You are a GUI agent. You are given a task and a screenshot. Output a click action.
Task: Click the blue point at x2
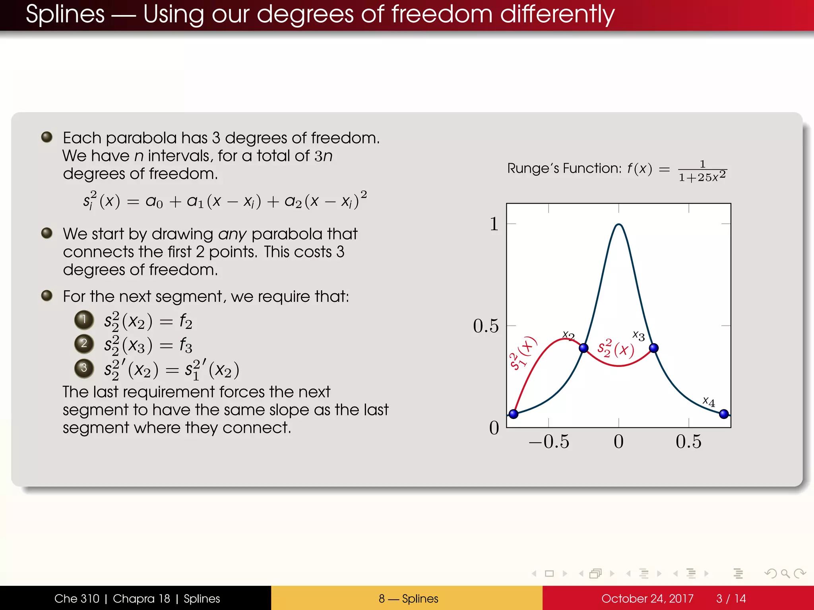click(583, 348)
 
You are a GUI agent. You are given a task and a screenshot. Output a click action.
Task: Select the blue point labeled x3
click(653, 348)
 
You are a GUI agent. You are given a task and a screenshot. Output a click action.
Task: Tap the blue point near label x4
click(724, 414)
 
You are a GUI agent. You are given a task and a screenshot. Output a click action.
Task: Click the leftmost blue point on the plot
click(514, 414)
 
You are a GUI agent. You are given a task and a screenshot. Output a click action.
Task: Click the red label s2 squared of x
click(615, 348)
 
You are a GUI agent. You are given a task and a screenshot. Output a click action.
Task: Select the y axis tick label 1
click(494, 224)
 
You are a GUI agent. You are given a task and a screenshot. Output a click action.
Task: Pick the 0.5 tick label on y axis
click(486, 326)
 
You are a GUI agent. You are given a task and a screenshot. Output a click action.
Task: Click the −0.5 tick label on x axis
click(549, 442)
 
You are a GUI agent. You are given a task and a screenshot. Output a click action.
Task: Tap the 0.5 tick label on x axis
click(688, 442)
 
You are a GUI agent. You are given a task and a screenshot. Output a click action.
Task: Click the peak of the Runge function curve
click(618, 225)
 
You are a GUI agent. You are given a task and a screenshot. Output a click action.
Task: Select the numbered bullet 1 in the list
click(84, 320)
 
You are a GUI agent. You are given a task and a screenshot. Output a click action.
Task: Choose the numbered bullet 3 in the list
click(84, 368)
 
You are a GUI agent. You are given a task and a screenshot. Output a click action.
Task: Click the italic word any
click(232, 234)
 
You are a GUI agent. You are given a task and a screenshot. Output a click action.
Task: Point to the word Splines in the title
click(65, 14)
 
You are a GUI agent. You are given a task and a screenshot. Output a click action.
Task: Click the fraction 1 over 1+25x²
click(702, 171)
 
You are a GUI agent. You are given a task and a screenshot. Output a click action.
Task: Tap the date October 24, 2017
click(647, 598)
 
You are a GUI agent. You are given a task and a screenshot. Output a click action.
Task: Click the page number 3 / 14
click(731, 598)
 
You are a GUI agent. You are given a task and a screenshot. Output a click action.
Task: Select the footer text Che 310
click(77, 598)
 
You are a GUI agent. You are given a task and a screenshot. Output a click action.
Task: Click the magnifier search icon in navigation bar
click(785, 573)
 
